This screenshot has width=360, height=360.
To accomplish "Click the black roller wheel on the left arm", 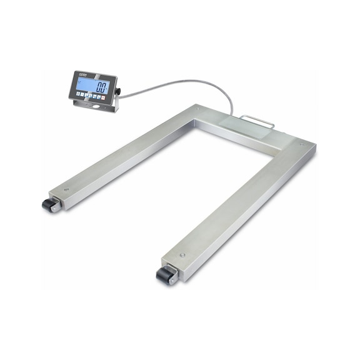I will [47, 204].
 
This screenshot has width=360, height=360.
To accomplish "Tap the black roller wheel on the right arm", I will [164, 274].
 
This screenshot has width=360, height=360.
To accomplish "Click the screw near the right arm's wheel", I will [182, 255].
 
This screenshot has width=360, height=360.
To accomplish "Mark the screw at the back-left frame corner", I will [198, 109].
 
